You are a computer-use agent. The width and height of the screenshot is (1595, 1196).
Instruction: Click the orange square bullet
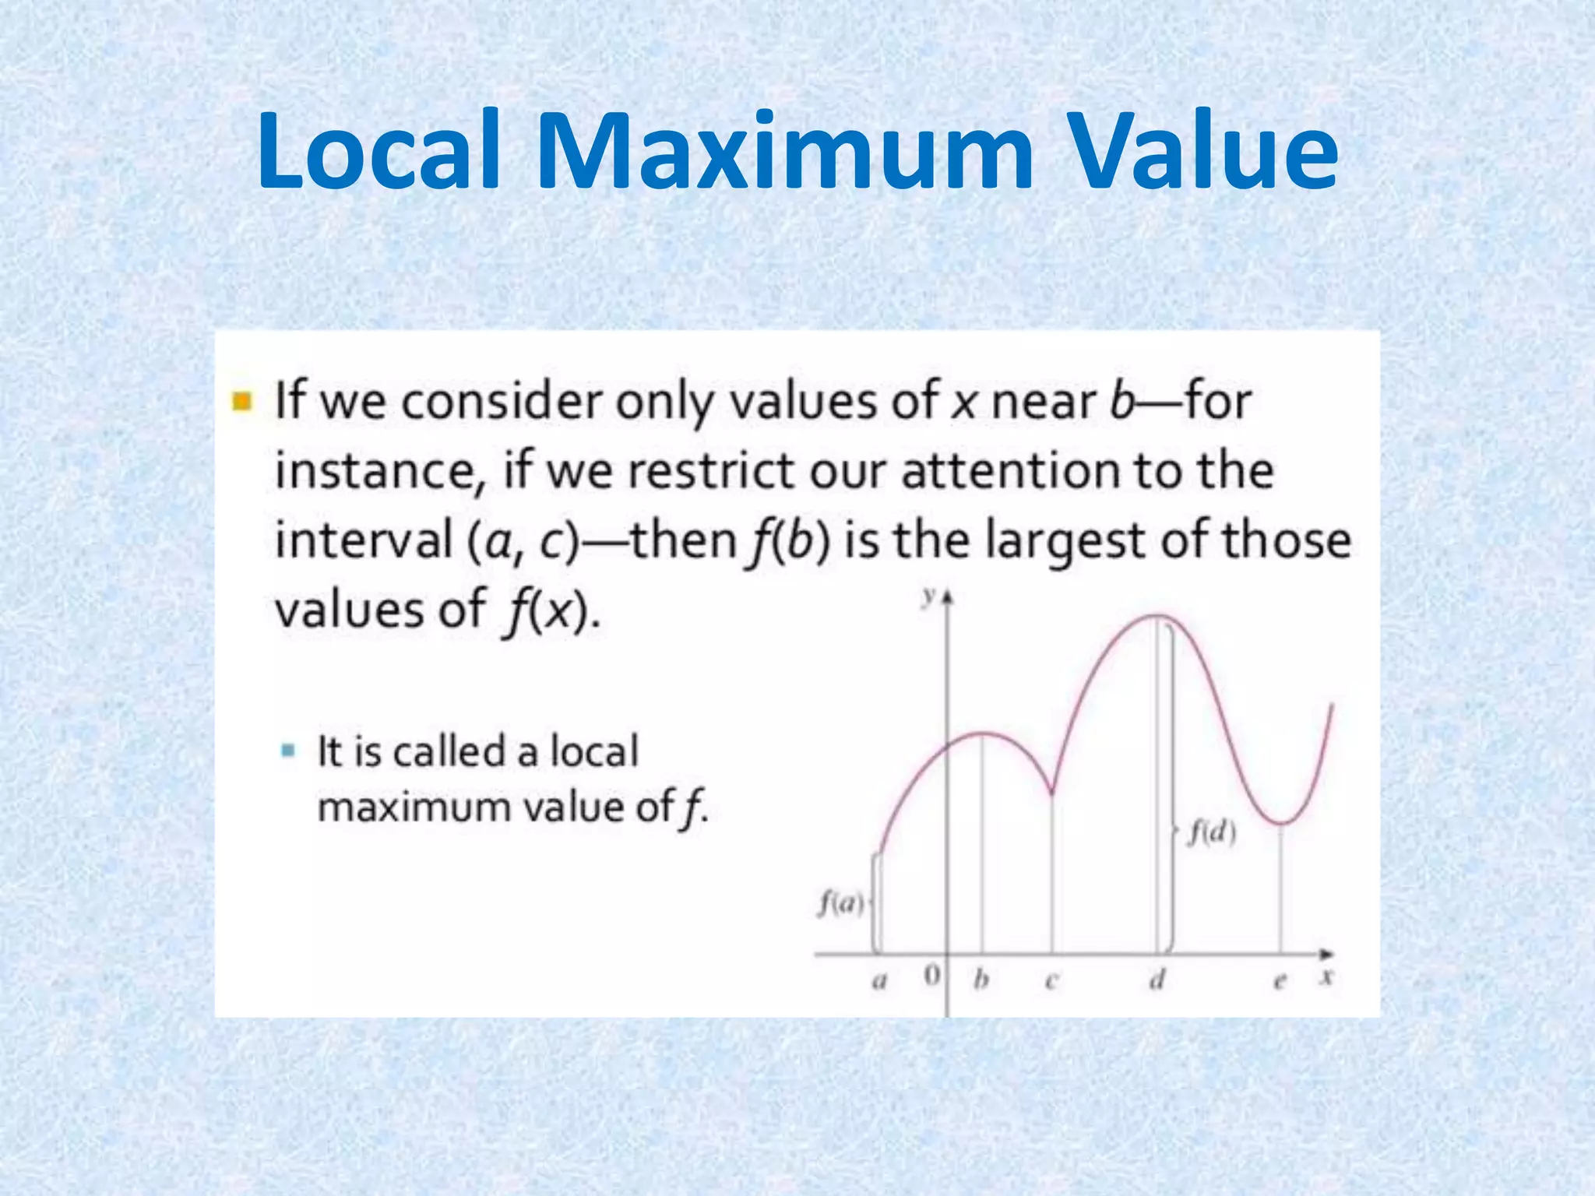click(242, 402)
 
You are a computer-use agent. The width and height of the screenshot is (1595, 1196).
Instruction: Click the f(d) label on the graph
click(1212, 833)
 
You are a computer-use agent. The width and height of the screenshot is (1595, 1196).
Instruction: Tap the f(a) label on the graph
click(841, 904)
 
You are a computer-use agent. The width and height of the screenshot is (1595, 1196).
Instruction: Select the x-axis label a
click(879, 980)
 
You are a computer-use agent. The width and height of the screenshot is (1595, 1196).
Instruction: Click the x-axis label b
click(982, 979)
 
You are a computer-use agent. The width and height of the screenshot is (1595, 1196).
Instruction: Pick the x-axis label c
click(1051, 980)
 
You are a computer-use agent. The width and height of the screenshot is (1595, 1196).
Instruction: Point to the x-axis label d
click(1157, 979)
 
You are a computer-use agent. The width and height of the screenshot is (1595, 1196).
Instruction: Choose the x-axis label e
click(1279, 981)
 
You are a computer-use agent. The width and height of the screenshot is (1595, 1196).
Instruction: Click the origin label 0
click(931, 976)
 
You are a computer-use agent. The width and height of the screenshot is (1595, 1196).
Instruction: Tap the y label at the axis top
click(928, 597)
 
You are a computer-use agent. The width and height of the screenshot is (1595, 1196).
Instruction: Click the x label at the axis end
click(1327, 976)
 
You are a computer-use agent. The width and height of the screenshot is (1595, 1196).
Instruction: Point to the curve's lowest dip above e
click(1280, 822)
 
